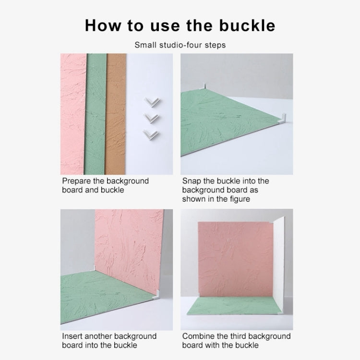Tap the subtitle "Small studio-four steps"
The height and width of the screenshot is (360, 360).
coord(180,45)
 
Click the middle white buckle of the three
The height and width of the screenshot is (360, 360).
coord(152,118)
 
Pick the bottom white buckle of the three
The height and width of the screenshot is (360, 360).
coord(151,134)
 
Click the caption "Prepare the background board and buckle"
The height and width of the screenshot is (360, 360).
coord(105,185)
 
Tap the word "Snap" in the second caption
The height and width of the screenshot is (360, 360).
coord(192,181)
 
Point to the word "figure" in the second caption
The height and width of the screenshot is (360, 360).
coord(238,199)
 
